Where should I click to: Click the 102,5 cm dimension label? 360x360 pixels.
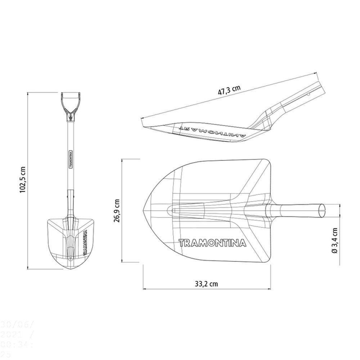pos(23,180)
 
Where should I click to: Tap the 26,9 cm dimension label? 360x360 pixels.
pos(117,211)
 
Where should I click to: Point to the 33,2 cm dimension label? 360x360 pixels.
pos(206,283)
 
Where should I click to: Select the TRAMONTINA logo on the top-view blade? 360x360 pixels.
pos(212,243)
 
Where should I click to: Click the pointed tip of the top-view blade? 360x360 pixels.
pos(144,209)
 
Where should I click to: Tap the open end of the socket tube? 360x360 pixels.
pos(322,210)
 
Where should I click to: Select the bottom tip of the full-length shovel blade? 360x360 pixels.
pos(71,268)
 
